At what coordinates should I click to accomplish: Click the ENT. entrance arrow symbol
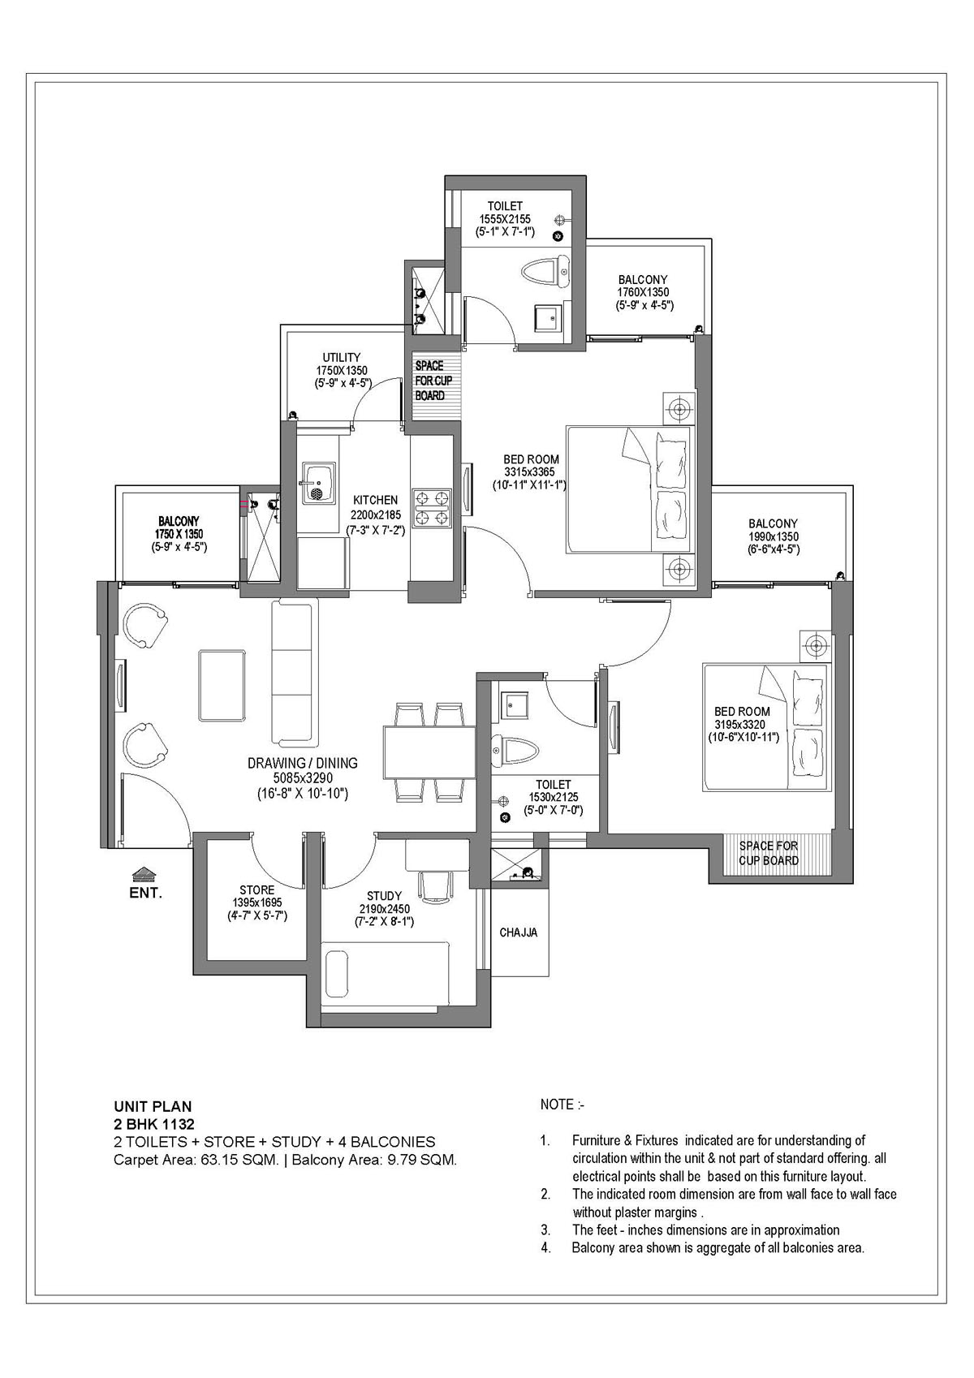144,874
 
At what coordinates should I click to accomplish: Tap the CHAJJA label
518,932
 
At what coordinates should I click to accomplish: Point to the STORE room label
256,889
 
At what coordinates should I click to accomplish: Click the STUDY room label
384,896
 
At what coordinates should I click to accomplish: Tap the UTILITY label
341,357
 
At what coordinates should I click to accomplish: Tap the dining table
429,752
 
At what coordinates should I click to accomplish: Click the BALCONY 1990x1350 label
773,523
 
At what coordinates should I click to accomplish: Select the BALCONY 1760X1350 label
643,280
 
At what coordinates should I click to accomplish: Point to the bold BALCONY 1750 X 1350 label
179,521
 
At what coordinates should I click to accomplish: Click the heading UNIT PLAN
153,1105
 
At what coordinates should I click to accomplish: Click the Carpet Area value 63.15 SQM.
236,1160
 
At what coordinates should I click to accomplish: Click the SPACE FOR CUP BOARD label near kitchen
434,381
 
